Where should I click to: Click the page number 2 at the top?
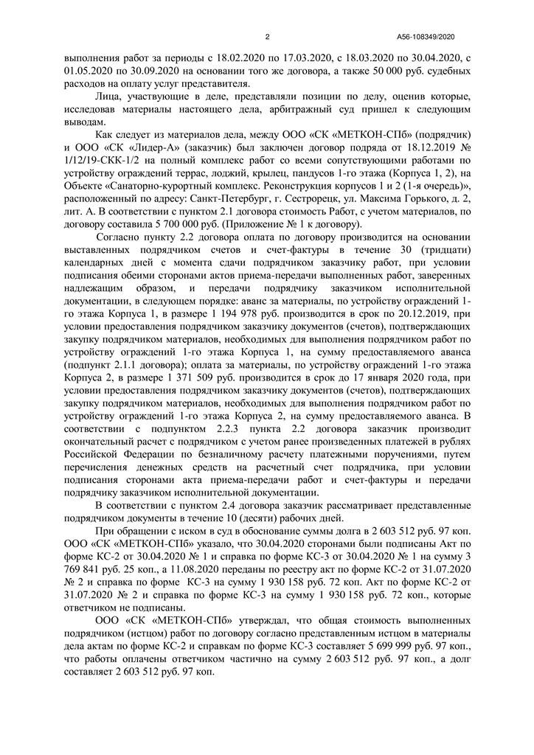(267, 36)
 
